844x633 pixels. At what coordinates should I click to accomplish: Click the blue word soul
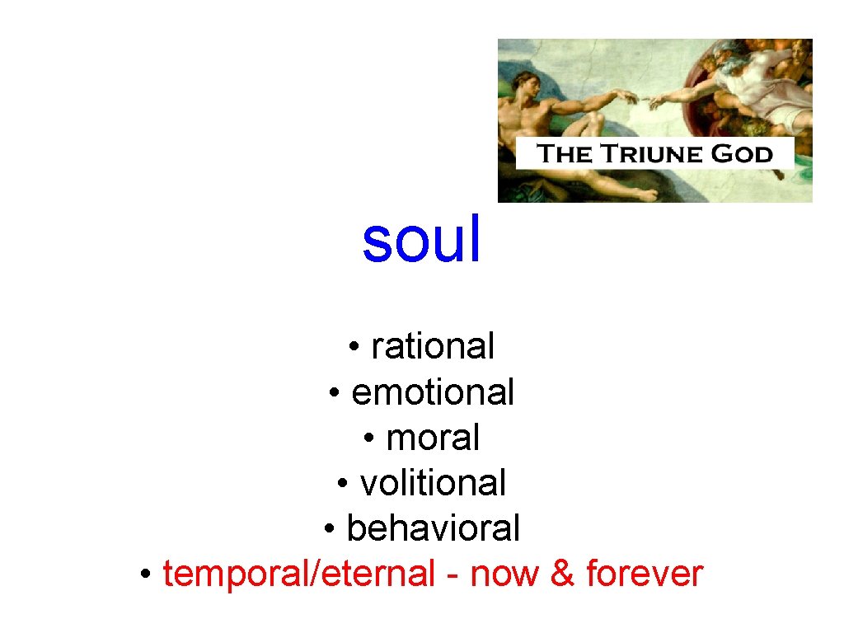tap(421, 241)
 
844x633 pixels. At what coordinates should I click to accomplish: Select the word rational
tap(433, 346)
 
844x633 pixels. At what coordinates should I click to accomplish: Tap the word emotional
tap(433, 392)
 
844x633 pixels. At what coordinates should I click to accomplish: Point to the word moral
tap(433, 438)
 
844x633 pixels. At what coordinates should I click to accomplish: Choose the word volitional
tap(433, 483)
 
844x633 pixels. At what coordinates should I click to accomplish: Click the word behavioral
tap(434, 528)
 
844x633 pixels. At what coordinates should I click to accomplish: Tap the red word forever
tap(644, 574)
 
